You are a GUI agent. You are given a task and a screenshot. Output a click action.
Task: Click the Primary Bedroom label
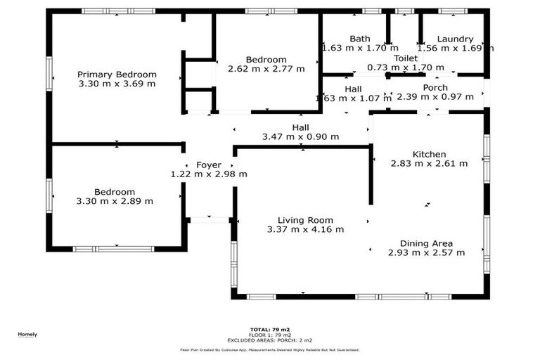[x=117, y=75]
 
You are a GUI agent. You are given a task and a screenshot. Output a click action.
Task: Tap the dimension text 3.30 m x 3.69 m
[x=117, y=84]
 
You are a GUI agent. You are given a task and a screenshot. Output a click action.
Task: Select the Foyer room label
[x=209, y=165]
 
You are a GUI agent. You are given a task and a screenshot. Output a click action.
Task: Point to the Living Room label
[x=305, y=220]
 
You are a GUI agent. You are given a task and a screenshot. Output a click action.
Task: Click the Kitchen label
[x=429, y=155]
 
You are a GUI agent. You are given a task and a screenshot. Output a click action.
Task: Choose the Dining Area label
[x=426, y=244]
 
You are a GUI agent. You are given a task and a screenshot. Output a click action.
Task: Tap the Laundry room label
[x=455, y=39]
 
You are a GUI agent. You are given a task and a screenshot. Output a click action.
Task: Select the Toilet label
[x=406, y=58]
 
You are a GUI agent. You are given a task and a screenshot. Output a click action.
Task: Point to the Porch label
[x=435, y=88]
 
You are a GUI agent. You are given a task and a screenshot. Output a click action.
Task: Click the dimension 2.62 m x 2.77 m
[x=266, y=69]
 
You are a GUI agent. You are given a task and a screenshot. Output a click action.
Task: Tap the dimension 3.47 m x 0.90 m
[x=300, y=137]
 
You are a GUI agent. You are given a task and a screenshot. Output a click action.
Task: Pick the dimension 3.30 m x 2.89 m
[x=115, y=201]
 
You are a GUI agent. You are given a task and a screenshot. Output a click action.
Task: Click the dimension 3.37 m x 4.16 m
[x=305, y=229]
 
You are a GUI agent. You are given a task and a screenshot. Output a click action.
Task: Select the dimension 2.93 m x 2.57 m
[x=426, y=253]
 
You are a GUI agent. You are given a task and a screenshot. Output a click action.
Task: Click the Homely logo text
[x=27, y=334]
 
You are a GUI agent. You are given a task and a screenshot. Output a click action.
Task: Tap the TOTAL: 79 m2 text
[x=270, y=329]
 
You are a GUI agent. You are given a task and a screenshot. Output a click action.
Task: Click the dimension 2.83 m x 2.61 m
[x=429, y=164]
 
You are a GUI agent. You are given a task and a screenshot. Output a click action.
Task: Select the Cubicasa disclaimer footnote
[x=270, y=349]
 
